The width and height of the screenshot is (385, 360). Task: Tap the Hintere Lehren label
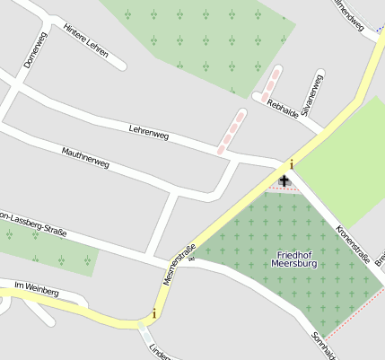click(85, 40)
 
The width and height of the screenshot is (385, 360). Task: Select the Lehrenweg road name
click(148, 134)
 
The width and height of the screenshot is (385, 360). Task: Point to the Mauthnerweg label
click(85, 159)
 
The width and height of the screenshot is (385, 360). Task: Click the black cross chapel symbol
click(284, 182)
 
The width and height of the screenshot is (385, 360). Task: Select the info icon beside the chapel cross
click(291, 164)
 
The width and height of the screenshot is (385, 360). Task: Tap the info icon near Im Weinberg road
click(154, 313)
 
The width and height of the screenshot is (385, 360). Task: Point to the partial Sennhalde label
click(323, 345)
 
